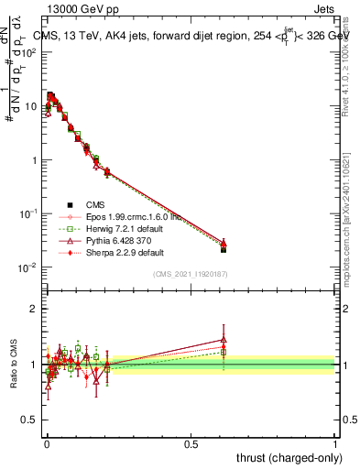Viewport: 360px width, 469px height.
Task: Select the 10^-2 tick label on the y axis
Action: click(x=27, y=267)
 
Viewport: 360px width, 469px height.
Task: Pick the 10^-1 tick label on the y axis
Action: click(x=27, y=213)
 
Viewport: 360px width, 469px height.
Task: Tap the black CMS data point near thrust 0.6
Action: click(x=224, y=249)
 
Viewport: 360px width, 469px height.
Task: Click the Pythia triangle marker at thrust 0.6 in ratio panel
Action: click(x=224, y=340)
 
